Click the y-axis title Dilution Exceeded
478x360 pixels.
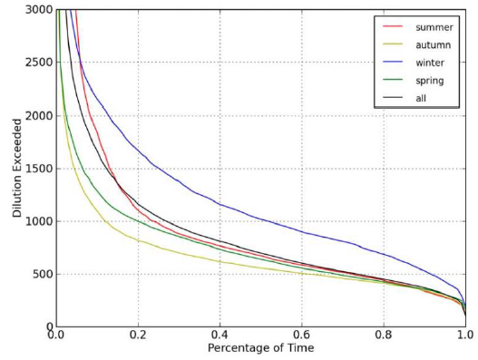pyautogui.click(x=16, y=168)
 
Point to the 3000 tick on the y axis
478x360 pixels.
pyautogui.click(x=37, y=10)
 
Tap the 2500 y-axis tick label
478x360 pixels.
pyautogui.click(x=37, y=63)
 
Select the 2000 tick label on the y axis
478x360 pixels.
pyautogui.click(x=37, y=115)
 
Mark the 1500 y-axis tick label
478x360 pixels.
pyautogui.click(x=37, y=169)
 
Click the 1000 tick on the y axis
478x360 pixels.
pyautogui.click(x=37, y=221)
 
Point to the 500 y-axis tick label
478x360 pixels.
pyautogui.click(x=41, y=274)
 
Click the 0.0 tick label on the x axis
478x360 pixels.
pyautogui.click(x=57, y=336)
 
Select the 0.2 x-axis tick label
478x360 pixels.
pyautogui.click(x=139, y=336)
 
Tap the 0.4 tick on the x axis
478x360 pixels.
pyautogui.click(x=220, y=336)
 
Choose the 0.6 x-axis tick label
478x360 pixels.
pyautogui.click(x=302, y=336)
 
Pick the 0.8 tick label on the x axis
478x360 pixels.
pyautogui.click(x=384, y=336)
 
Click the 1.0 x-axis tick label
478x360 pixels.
pyautogui.click(x=464, y=336)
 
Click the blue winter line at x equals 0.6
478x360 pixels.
pyautogui.click(x=302, y=232)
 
